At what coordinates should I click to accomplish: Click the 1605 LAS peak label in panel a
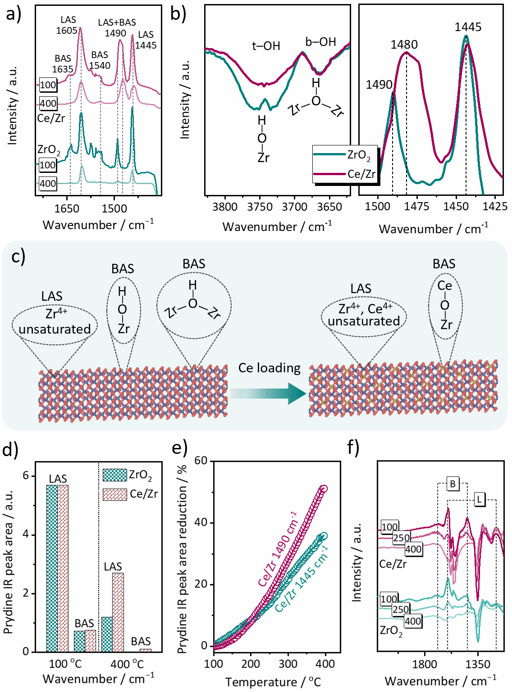(x=68, y=25)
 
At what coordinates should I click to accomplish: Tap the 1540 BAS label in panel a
(x=100, y=60)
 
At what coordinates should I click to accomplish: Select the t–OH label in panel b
(x=266, y=46)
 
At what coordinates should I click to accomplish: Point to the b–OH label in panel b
(x=320, y=42)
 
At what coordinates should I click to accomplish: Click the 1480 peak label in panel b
(x=404, y=44)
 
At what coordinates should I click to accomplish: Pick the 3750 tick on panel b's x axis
(x=260, y=207)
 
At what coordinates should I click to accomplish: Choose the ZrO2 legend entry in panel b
(x=343, y=155)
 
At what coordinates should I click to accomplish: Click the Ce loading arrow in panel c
(x=269, y=393)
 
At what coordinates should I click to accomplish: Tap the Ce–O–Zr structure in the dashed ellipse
(x=445, y=305)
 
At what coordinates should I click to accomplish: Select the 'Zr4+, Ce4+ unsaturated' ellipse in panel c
(x=364, y=315)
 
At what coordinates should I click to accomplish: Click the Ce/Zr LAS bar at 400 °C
(x=118, y=612)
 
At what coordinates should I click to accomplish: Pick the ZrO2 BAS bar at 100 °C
(x=79, y=641)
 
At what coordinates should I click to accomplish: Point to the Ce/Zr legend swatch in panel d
(x=114, y=494)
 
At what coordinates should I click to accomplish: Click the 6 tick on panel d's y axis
(x=26, y=476)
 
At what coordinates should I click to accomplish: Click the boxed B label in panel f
(x=453, y=484)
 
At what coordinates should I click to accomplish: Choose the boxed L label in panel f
(x=479, y=499)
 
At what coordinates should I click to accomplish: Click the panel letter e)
(x=179, y=448)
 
